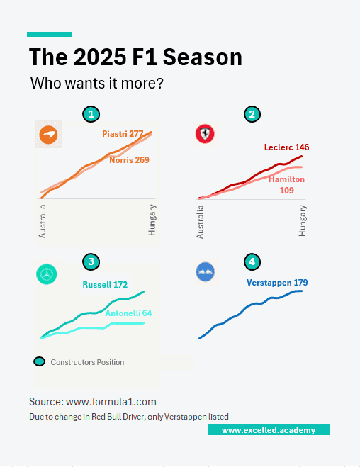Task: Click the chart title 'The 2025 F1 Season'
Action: tap(135, 57)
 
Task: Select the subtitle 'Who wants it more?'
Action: tap(97, 84)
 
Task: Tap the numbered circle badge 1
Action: tap(89, 114)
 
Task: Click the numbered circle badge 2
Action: tap(251, 114)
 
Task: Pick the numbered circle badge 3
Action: tap(89, 262)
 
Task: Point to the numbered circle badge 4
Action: tap(251, 262)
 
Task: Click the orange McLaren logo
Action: tap(49, 135)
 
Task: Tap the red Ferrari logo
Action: tap(205, 135)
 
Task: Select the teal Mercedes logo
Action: tap(47, 274)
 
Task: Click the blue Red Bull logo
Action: tap(205, 272)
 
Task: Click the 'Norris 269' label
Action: tap(129, 160)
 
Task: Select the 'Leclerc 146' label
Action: tap(286, 147)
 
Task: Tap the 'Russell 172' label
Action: tap(105, 285)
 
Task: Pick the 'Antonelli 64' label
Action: tap(128, 313)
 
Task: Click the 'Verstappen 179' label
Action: tap(277, 283)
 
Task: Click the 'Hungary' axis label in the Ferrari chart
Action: tap(303, 220)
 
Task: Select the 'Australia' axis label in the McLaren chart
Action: tap(43, 220)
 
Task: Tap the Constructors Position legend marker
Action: tap(40, 361)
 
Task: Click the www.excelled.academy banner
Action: tap(269, 430)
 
